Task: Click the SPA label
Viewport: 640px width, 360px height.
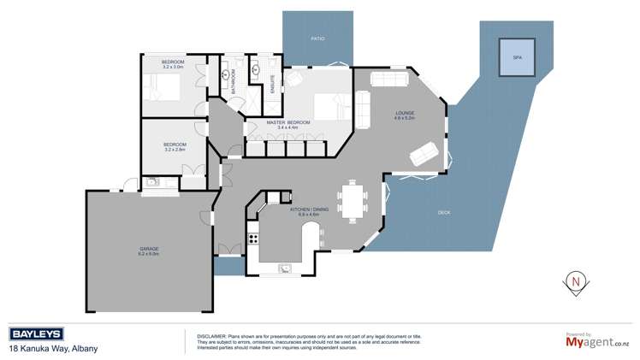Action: (517, 56)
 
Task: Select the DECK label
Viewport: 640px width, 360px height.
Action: (443, 212)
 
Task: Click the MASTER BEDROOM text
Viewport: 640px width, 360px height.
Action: (287, 122)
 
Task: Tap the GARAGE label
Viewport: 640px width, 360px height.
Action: (149, 249)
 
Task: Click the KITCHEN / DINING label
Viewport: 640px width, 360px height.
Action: (305, 210)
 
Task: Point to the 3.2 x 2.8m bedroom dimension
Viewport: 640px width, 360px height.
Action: (175, 149)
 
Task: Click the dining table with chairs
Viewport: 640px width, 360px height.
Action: (352, 202)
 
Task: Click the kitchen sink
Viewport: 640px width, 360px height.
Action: (285, 269)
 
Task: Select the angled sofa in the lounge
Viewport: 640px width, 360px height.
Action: (423, 154)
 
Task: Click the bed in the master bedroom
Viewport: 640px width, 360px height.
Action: (329, 106)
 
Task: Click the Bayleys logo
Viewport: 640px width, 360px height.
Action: (39, 333)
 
